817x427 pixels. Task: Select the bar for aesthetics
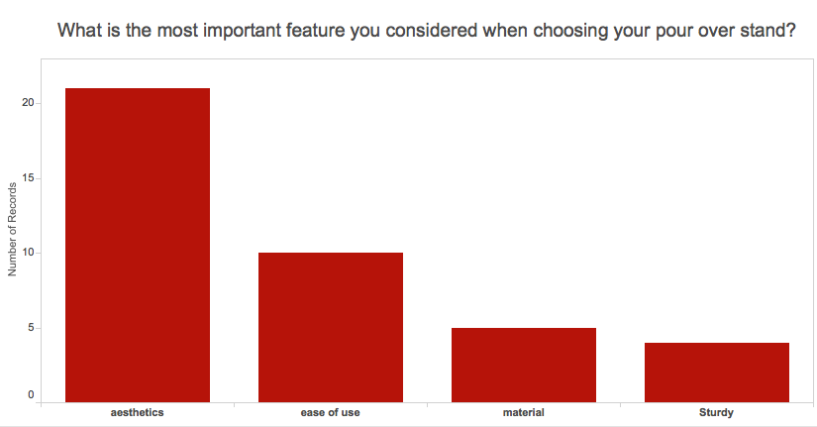138,245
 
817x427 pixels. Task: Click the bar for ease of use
331,327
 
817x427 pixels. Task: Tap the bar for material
524,365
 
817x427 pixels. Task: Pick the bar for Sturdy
716,373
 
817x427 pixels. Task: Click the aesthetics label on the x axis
137,412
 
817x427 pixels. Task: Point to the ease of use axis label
331,412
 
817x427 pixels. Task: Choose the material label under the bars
524,412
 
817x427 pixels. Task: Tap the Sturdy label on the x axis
716,412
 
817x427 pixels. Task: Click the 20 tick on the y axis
28,103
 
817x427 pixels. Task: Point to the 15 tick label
28,177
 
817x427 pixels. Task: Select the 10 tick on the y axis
28,253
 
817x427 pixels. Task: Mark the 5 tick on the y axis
32,327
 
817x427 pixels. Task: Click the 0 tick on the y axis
32,394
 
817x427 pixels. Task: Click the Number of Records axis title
12,230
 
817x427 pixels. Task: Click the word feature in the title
315,31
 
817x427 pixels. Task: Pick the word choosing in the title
570,31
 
